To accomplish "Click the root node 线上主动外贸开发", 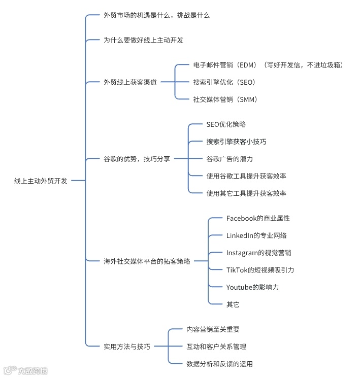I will pos(41,181).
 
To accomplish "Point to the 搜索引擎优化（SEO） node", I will pos(223,82).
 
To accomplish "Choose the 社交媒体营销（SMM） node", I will pos(225,99).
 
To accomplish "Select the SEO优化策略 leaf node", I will pos(226,124).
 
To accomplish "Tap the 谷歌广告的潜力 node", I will pos(230,159).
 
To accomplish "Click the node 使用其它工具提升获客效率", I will pos(246,193).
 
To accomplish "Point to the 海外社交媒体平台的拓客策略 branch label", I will pos(147,261).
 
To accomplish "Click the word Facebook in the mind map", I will pos(241,218).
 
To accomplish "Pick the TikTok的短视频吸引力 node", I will pos(260,270).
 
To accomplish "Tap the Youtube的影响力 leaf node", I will pos(252,287).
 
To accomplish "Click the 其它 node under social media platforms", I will pos(233,304).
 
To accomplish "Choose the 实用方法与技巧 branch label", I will pos(126,347).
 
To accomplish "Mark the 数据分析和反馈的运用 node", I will pos(219,364).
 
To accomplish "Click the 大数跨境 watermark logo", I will pos(25,370).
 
